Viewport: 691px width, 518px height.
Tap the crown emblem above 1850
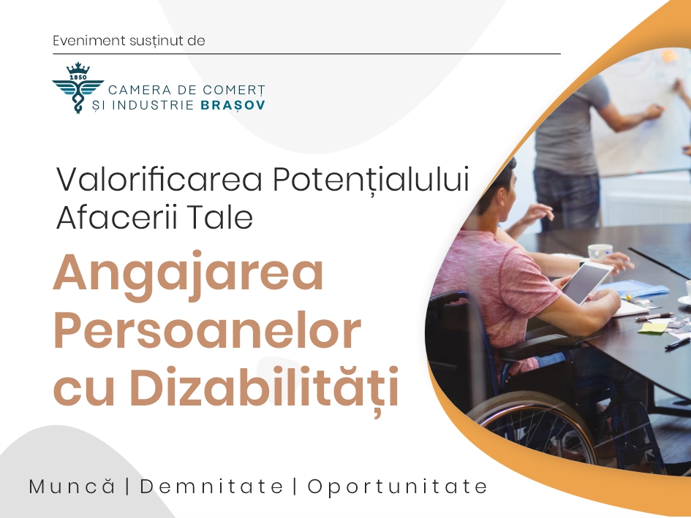pyautogui.click(x=78, y=68)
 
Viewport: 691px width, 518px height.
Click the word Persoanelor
pyautogui.click(x=207, y=331)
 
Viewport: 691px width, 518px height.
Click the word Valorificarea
pyautogui.click(x=159, y=180)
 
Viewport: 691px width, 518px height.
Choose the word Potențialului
pyautogui.click(x=371, y=180)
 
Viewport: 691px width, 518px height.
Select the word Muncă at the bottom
pyautogui.click(x=72, y=487)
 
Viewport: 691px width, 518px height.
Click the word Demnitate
pyautogui.click(x=211, y=487)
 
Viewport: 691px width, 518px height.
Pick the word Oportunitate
pyautogui.click(x=398, y=487)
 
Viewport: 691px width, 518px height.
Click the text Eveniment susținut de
pyautogui.click(x=129, y=40)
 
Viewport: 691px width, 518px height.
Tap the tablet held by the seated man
pyautogui.click(x=587, y=282)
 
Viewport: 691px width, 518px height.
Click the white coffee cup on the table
pyautogui.click(x=600, y=251)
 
